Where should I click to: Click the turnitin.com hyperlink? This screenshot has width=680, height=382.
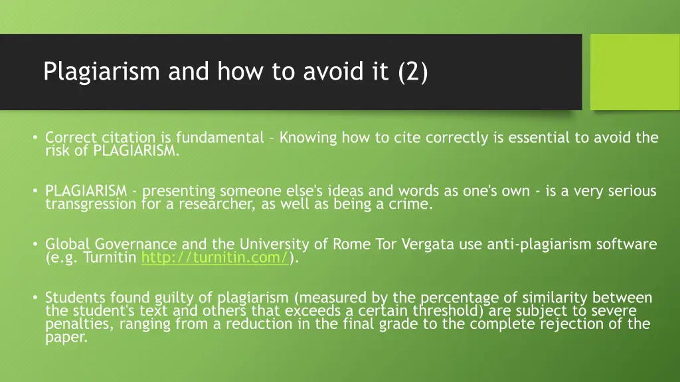(215, 258)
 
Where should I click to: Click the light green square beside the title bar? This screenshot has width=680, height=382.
(635, 72)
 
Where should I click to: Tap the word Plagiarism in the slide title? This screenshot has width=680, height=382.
(102, 71)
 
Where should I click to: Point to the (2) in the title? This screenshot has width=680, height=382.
(414, 71)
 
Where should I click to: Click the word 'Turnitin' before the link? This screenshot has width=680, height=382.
(111, 258)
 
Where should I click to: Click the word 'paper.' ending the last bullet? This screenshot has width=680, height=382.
(66, 337)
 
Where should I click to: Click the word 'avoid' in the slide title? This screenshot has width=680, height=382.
(334, 71)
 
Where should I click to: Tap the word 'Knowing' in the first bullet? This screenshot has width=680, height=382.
(308, 137)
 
